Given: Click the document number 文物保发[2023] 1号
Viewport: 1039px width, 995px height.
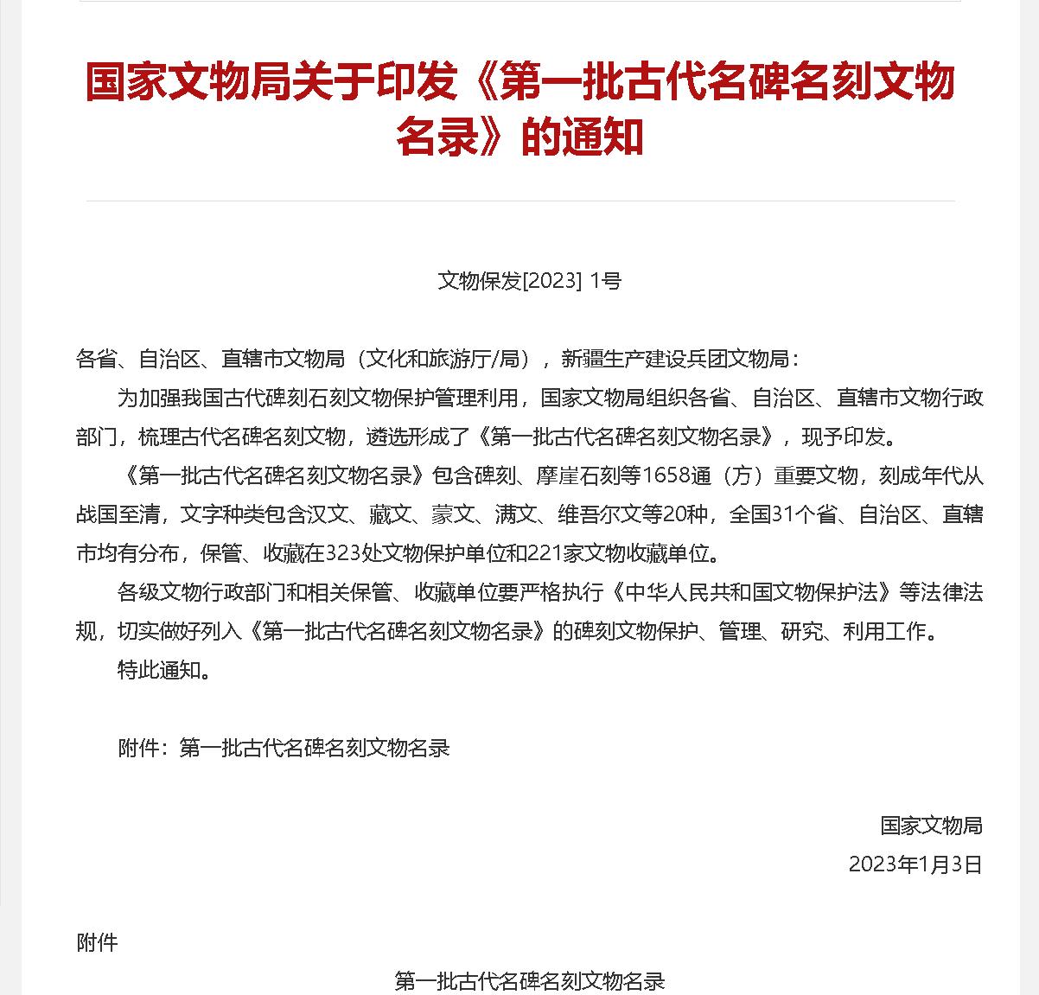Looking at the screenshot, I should pyautogui.click(x=529, y=280).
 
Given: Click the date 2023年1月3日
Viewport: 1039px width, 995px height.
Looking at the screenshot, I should pyautogui.click(x=915, y=864).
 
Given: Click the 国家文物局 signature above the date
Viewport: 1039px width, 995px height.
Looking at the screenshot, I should pyautogui.click(x=931, y=825).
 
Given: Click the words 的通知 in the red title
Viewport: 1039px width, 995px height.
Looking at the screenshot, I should pyautogui.click(x=582, y=137).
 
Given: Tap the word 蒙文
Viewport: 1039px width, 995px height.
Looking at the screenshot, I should pyautogui.click(x=453, y=514).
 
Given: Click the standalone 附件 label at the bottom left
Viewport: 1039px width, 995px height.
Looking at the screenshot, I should pyautogui.click(x=97, y=941).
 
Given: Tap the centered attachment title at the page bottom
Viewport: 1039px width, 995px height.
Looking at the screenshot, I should pyautogui.click(x=529, y=981).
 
